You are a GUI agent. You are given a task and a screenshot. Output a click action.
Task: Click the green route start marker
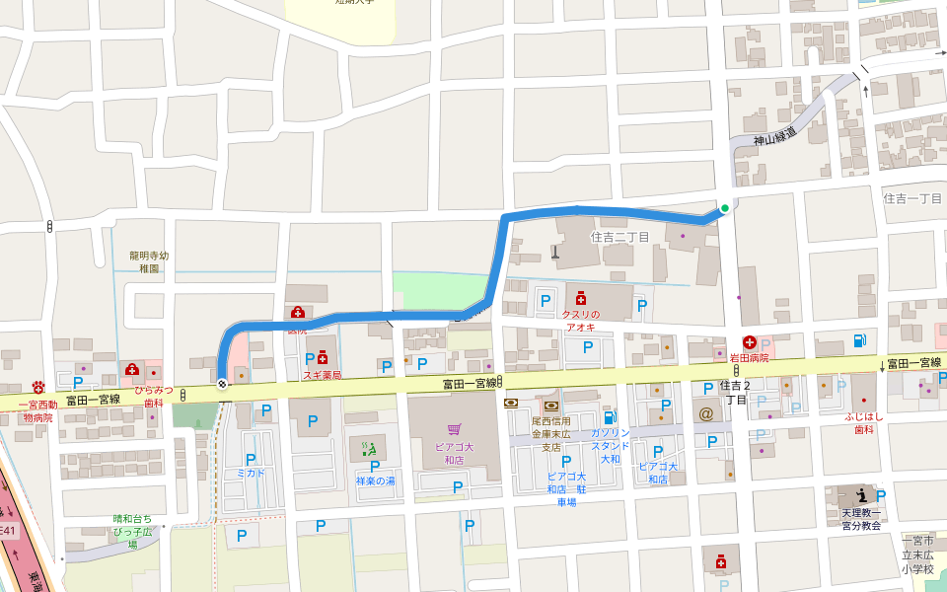click(725, 207)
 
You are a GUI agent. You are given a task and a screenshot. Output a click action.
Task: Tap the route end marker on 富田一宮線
click(222, 384)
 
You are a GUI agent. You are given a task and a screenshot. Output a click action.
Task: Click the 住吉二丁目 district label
click(619, 237)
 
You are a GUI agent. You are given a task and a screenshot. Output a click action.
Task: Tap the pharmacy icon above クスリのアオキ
click(581, 297)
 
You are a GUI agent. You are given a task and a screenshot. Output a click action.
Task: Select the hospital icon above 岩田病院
click(749, 342)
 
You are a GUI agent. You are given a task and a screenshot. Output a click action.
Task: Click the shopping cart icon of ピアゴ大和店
click(454, 429)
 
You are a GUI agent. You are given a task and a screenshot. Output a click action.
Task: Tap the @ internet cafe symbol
click(706, 413)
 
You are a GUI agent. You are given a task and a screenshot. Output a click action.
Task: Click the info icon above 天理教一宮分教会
click(861, 495)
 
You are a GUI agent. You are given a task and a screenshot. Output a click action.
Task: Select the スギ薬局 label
click(322, 375)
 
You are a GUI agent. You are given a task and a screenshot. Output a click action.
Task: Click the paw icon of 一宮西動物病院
click(39, 386)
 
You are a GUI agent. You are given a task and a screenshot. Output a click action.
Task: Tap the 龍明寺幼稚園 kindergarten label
click(149, 261)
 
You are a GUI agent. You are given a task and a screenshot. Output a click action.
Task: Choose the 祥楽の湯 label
click(375, 481)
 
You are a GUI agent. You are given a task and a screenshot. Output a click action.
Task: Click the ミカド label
click(251, 473)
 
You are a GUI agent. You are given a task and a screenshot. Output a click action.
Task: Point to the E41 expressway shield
click(8, 531)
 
